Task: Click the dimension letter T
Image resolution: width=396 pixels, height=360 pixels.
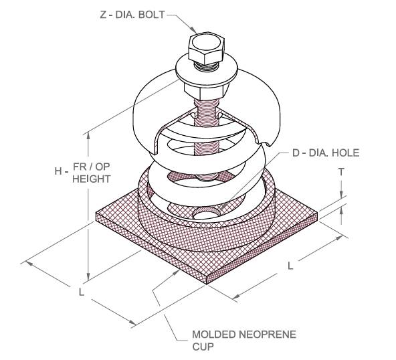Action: click(341, 172)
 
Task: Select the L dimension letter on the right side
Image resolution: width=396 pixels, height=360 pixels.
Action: click(290, 266)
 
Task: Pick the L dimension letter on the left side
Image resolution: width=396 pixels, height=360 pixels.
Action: click(81, 292)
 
